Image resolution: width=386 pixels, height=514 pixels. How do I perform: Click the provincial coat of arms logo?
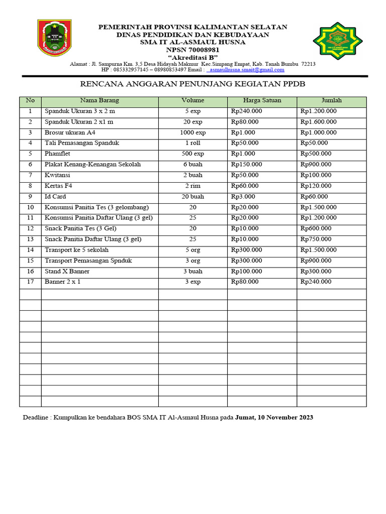(54, 38)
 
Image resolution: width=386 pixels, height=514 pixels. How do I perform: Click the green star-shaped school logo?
(337, 41)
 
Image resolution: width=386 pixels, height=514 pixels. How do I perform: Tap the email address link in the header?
(245, 70)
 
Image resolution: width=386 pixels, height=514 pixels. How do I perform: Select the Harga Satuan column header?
(262, 101)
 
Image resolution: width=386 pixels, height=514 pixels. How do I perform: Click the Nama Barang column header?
(100, 101)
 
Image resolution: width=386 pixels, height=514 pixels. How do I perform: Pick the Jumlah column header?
(331, 101)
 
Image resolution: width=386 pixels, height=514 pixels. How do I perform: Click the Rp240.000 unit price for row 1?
(246, 111)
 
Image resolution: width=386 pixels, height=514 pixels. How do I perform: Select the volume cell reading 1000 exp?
(193, 133)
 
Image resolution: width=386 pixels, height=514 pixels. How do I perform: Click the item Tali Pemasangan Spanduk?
(82, 144)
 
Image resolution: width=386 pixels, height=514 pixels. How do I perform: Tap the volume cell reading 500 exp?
(193, 154)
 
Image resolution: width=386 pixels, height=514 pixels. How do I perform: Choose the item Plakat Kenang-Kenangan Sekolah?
(92, 165)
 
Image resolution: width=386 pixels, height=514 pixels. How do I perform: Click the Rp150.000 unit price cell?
(246, 165)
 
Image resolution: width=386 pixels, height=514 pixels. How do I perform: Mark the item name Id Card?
(55, 197)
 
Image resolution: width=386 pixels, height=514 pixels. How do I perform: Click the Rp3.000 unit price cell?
(243, 197)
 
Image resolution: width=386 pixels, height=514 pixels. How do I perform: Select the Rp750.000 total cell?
(316, 239)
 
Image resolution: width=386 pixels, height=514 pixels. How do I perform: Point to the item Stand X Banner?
(67, 272)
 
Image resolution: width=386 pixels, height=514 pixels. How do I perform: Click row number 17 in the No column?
(30, 282)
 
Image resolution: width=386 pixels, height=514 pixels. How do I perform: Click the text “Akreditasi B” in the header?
(192, 57)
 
